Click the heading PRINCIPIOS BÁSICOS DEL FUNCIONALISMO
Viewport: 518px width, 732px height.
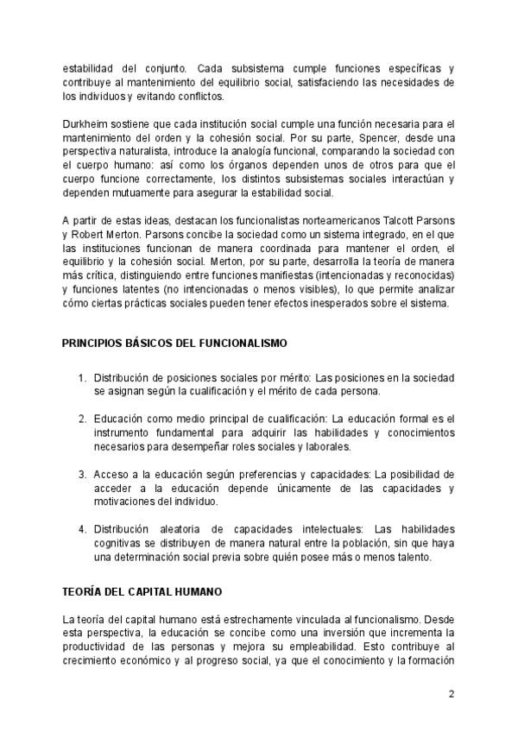tap(174, 344)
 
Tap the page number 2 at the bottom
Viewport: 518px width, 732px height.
tap(451, 694)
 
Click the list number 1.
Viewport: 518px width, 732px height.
tap(83, 378)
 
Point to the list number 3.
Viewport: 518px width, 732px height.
tap(83, 475)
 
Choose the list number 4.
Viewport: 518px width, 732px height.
tap(83, 529)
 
